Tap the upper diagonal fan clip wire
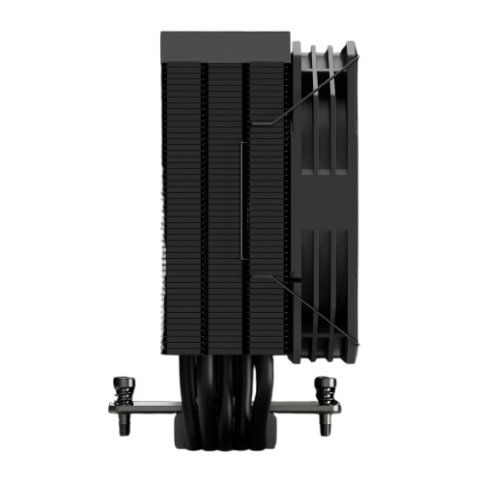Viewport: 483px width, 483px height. tap(319, 92)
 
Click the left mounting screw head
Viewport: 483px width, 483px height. tap(123, 381)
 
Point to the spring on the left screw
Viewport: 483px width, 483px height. tap(123, 394)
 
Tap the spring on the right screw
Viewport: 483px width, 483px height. tap(327, 394)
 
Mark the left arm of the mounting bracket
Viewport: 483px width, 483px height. tap(145, 408)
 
